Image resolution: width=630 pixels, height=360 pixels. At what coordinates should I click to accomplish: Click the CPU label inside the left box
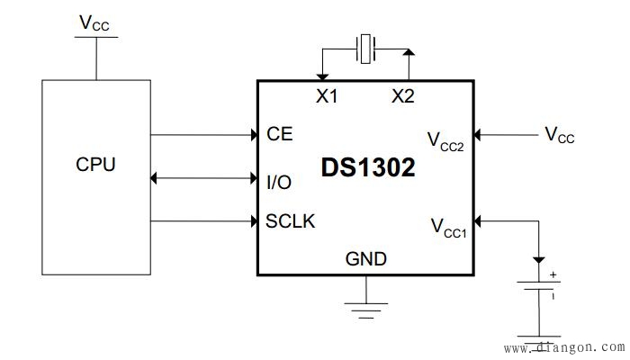(95, 165)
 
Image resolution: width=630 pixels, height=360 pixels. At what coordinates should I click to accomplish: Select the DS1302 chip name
(368, 167)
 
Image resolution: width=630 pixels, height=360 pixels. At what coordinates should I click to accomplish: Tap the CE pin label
(279, 134)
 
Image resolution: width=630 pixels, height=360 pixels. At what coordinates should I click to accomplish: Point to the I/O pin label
(279, 182)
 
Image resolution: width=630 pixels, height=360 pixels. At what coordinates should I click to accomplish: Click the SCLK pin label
(290, 220)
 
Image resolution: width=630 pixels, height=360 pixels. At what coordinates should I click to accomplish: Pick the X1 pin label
(326, 96)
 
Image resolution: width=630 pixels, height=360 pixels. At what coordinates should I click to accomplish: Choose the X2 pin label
(403, 96)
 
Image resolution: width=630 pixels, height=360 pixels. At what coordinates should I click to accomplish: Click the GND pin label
(366, 259)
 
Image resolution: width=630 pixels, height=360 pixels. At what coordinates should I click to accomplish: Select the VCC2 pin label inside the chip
(445, 142)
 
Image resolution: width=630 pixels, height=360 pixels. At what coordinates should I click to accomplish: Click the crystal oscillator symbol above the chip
(365, 49)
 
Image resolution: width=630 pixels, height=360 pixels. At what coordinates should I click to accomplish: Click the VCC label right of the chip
(559, 135)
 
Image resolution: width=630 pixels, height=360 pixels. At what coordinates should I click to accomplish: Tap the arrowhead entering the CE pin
(253, 135)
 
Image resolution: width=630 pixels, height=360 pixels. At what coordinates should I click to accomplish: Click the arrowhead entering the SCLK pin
(253, 220)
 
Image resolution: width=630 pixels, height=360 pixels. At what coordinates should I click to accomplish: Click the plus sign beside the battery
(553, 274)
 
